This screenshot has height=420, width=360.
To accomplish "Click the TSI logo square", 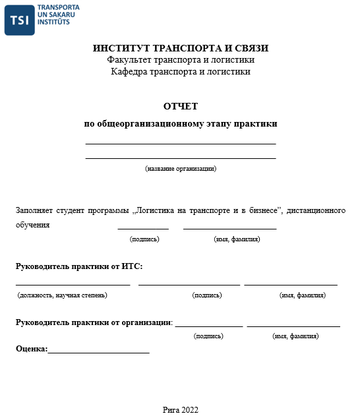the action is pyautogui.click(x=20, y=20).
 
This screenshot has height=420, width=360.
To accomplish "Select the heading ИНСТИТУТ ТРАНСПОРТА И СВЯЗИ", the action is pyautogui.click(x=180, y=48).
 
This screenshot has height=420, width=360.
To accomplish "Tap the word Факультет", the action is pyautogui.click(x=130, y=60).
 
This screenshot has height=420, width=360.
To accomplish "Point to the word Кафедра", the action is pyautogui.click(x=129, y=72).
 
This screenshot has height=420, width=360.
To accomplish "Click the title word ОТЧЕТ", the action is pyautogui.click(x=180, y=106).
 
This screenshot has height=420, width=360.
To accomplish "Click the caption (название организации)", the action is pyautogui.click(x=180, y=169).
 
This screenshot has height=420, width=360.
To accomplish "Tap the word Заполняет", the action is pyautogui.click(x=35, y=211).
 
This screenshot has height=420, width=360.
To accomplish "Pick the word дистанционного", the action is pyautogui.click(x=316, y=211).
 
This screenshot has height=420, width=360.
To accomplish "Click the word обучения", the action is pyautogui.click(x=32, y=225).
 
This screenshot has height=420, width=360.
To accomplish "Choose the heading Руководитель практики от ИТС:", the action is pyautogui.click(x=78, y=266).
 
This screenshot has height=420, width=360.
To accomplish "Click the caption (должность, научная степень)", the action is pyautogui.click(x=62, y=295).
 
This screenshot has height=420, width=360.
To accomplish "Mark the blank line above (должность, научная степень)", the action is pyautogui.click(x=73, y=285).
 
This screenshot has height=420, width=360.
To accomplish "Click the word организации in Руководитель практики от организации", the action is pyautogui.click(x=146, y=322).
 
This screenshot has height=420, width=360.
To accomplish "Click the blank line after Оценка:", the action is pyautogui.click(x=99, y=351).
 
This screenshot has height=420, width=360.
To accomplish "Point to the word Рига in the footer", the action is pyautogui.click(x=170, y=409).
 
